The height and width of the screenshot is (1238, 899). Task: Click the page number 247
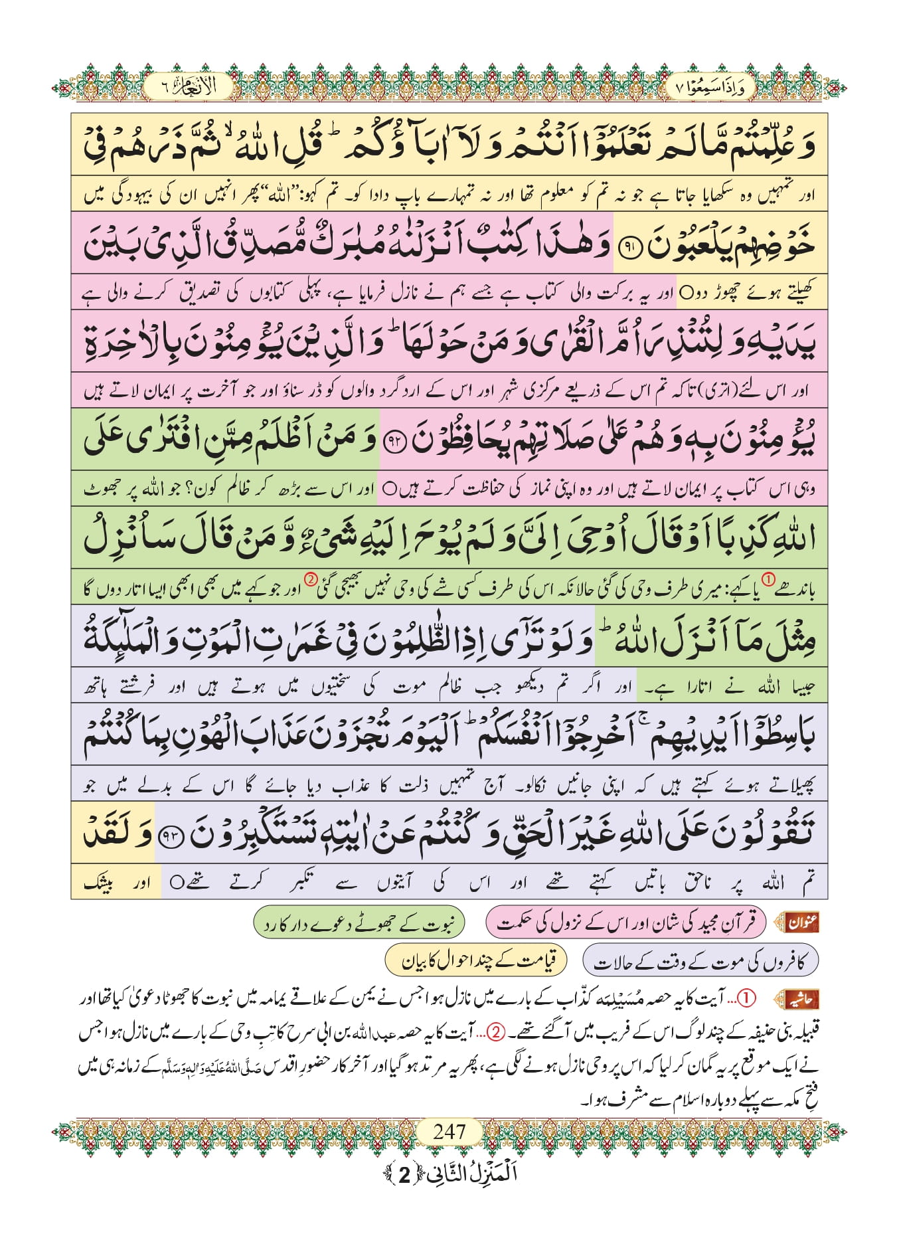[x=449, y=1131]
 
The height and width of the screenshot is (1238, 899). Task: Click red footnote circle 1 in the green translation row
[x=768, y=580]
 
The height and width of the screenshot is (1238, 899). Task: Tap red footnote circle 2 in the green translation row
[x=311, y=580]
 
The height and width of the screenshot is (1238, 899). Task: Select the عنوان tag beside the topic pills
[x=801, y=923]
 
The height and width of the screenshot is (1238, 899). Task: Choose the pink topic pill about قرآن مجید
[x=625, y=923]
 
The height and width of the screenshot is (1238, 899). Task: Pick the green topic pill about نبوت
[x=359, y=923]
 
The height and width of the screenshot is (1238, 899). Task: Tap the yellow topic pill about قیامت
[x=475, y=960]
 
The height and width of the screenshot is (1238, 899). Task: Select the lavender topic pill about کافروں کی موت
[x=700, y=961]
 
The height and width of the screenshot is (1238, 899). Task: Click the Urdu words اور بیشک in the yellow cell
[x=116, y=883]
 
